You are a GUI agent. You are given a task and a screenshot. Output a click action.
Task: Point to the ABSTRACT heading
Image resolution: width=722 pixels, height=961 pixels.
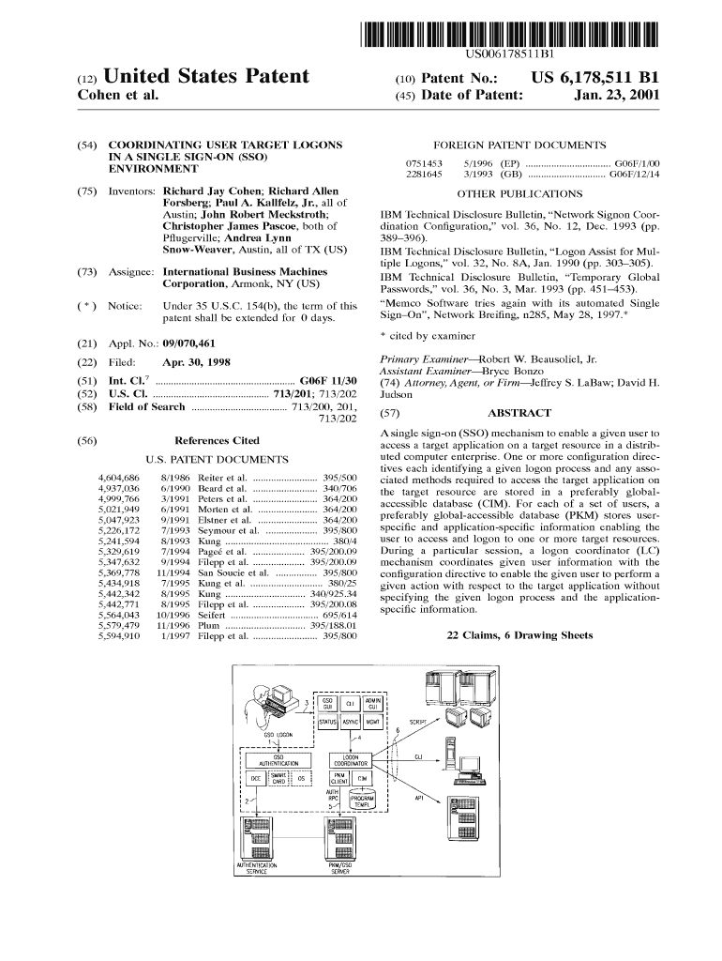coord(519,413)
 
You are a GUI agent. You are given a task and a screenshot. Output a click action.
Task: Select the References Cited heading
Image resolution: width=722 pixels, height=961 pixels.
coord(218,440)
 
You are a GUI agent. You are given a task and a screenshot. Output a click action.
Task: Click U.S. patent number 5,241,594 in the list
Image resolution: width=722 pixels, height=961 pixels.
coord(119,541)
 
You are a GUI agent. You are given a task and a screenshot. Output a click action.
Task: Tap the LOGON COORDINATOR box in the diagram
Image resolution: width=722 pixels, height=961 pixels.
coord(352,760)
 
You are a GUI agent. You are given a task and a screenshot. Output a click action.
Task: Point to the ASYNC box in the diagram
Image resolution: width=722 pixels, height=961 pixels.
coord(351,723)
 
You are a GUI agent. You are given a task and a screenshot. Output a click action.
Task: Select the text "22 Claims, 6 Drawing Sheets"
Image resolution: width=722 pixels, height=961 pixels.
coord(520,635)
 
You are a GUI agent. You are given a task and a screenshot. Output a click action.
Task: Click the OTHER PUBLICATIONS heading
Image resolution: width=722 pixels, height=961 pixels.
coord(519,194)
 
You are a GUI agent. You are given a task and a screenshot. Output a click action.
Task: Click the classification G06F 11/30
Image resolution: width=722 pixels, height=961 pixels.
coord(329,380)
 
